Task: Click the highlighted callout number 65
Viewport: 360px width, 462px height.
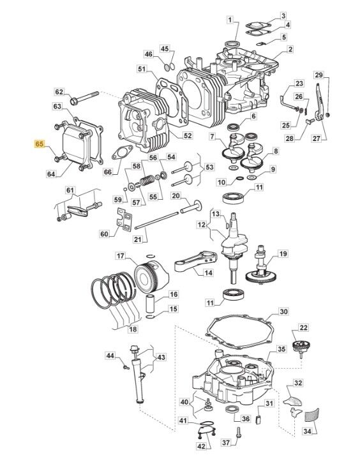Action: (39, 144)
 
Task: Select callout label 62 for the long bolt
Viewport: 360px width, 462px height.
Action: (59, 92)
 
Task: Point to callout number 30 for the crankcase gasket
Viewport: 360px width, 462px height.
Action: (283, 311)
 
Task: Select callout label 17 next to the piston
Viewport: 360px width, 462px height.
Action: (120, 256)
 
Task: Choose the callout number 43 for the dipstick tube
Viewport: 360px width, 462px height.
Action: (161, 357)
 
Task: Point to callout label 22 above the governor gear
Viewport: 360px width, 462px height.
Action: (303, 327)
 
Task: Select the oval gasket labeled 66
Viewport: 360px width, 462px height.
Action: (121, 153)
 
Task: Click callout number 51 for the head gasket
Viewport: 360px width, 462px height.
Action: (142, 69)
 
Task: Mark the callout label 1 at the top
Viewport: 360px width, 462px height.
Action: (230, 20)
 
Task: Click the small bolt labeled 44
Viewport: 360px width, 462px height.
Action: (126, 367)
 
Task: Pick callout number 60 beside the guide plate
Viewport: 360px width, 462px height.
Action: (105, 234)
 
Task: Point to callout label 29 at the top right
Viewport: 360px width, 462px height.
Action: (319, 75)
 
